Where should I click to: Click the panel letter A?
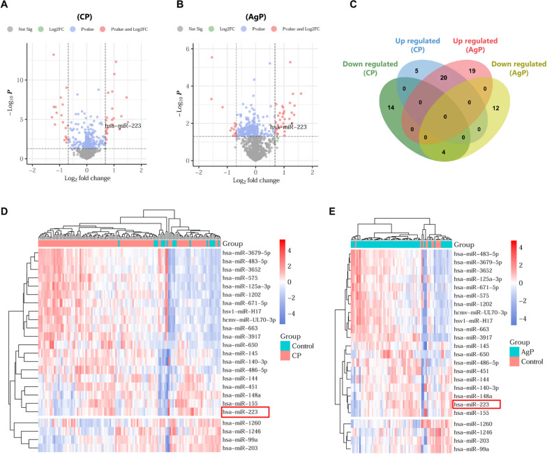[x=6, y=6]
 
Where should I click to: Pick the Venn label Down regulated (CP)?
[x=366, y=70]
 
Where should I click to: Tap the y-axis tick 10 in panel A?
[x=22, y=80]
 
